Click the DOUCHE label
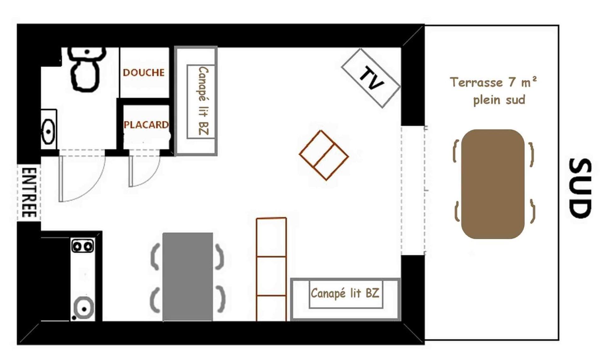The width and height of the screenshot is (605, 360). point(144,73)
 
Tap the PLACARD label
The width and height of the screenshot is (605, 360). point(146,125)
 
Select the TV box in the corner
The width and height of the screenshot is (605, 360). point(371,78)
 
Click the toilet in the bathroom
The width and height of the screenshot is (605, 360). point(86,69)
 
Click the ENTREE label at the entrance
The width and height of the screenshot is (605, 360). point(29,192)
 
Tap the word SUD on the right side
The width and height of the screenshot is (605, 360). point(580,188)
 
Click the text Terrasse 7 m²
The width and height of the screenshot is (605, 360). point(493,82)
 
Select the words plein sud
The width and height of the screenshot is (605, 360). point(499,100)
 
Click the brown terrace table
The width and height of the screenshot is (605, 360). point(493,184)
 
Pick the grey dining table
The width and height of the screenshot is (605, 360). point(188,277)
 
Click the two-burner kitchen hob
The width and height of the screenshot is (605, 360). point(83,246)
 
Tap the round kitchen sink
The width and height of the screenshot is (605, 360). point(84,308)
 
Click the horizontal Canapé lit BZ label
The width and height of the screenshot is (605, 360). point(345,293)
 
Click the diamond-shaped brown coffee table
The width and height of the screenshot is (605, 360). point(324,155)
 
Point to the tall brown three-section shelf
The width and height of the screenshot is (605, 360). point(271,269)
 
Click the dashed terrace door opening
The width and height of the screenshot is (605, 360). point(413,190)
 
